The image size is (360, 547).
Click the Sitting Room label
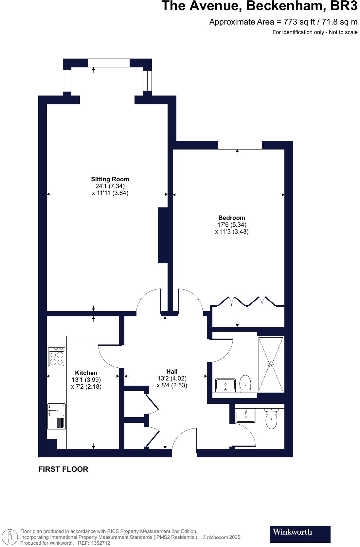(110, 179)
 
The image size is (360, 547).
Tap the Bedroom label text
(232, 218)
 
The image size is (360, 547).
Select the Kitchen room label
(86, 373)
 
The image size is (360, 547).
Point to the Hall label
(172, 371)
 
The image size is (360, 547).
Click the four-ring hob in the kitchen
(57, 357)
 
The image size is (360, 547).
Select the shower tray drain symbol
(271, 364)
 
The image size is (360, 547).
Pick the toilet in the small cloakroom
(271, 419)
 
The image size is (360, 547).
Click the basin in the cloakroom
(245, 415)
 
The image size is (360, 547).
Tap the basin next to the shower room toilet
(225, 385)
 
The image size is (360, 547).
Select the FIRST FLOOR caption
(63, 469)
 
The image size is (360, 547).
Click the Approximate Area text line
(283, 22)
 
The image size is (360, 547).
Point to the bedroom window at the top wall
(240, 145)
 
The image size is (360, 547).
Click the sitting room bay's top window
(109, 63)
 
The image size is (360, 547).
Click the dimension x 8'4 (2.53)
(172, 385)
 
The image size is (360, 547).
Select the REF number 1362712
(100, 543)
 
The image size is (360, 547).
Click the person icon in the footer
(10, 537)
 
